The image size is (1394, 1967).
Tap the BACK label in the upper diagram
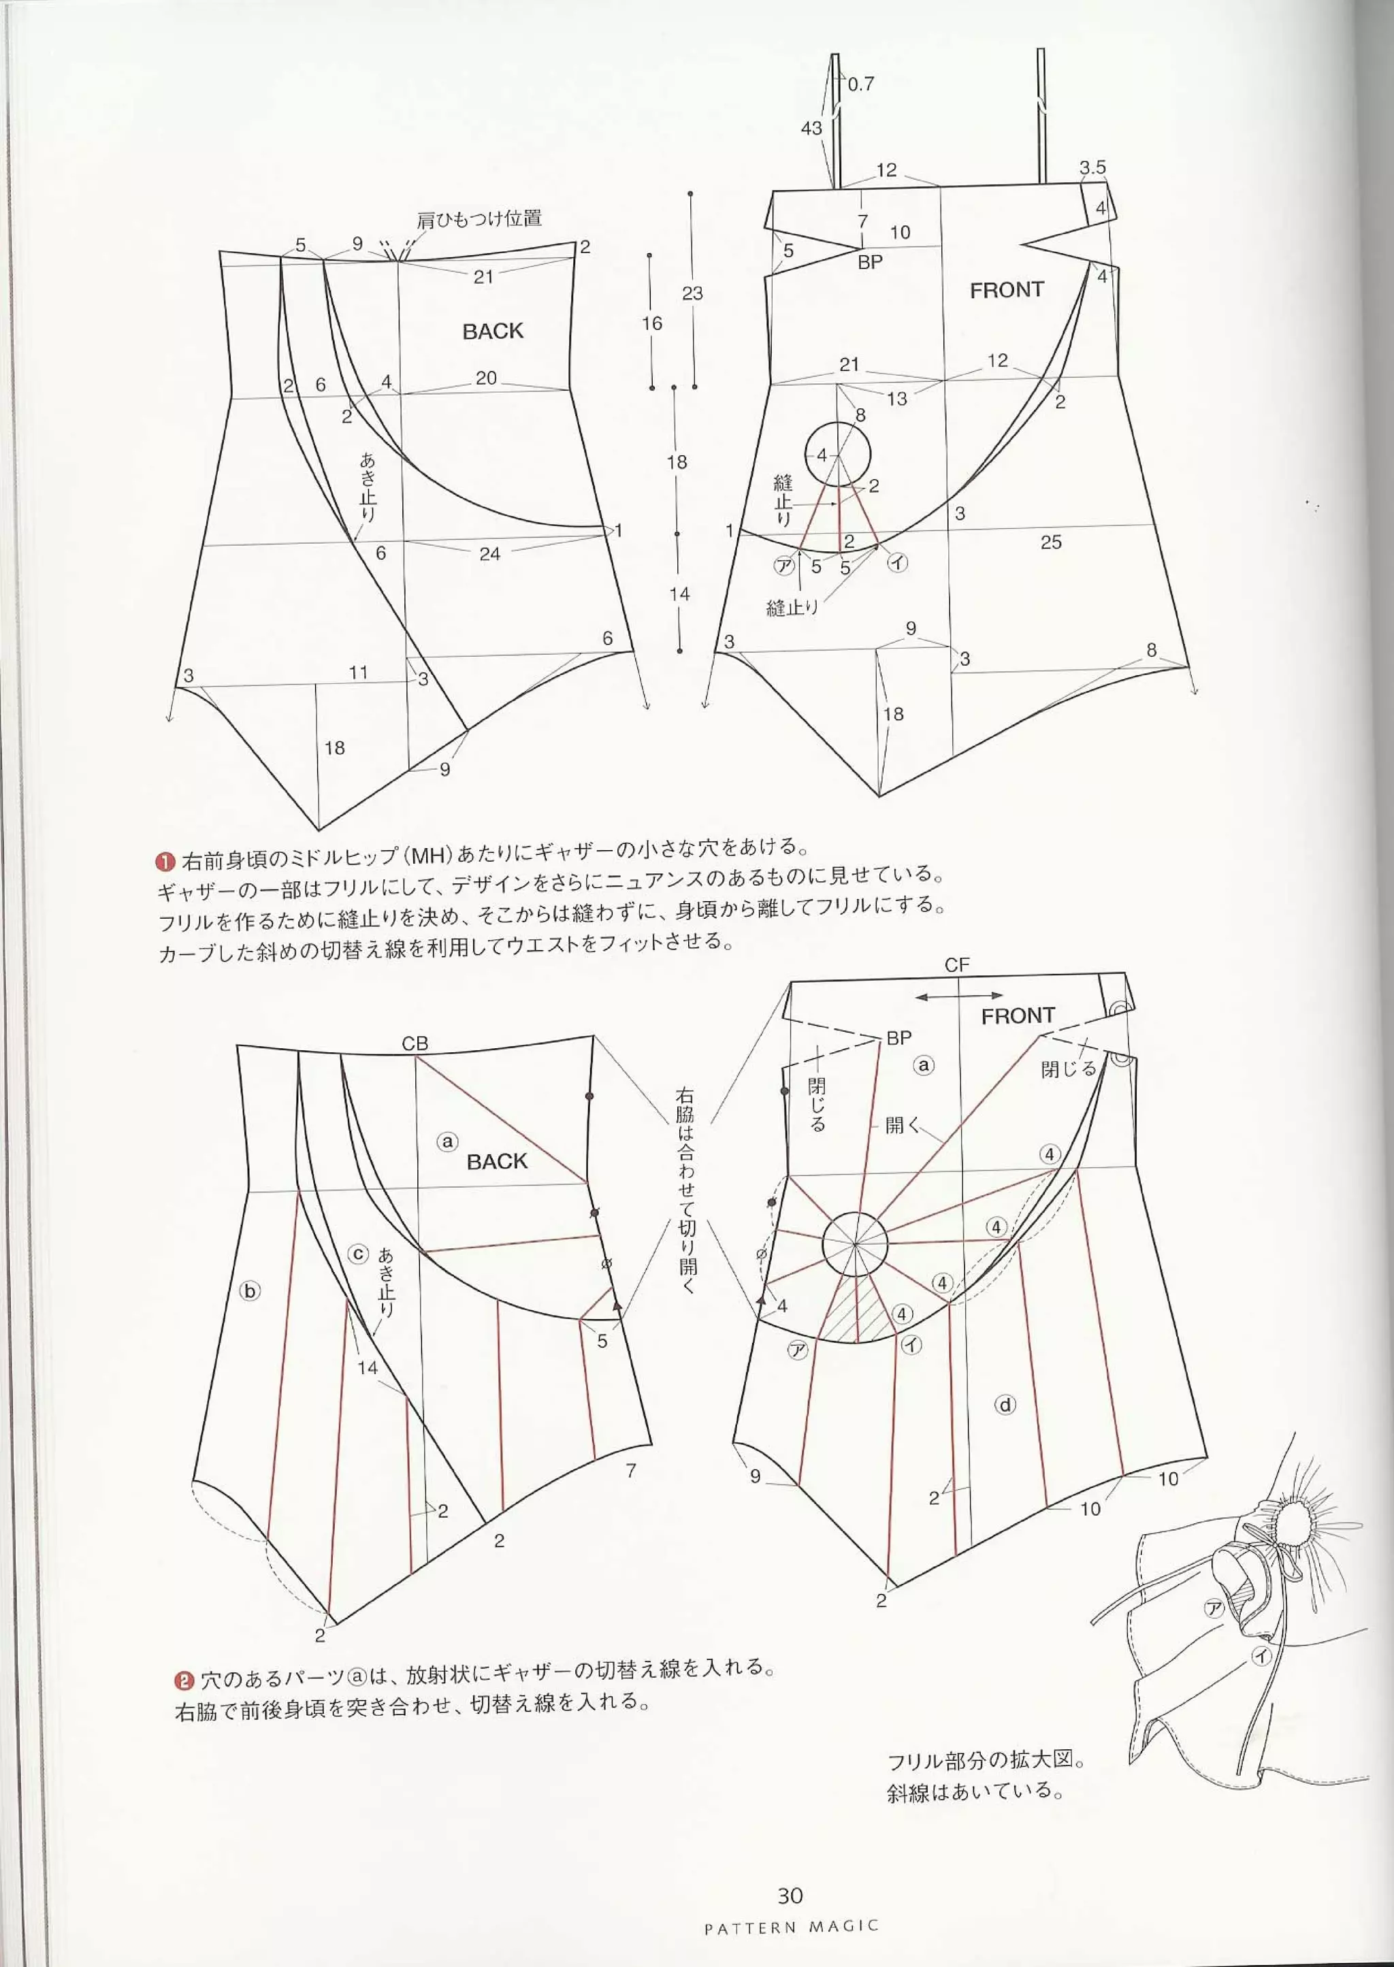tap(493, 331)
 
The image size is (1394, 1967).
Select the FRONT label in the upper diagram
tap(1006, 290)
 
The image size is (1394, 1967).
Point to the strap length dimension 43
tap(811, 128)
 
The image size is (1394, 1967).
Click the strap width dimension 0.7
tap(861, 84)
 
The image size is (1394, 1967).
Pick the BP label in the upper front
tap(869, 263)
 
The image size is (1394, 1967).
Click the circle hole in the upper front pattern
tap(837, 454)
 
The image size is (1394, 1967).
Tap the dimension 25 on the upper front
tap(1051, 542)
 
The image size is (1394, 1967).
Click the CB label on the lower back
tap(415, 1043)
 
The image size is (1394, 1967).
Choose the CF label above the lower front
tap(956, 964)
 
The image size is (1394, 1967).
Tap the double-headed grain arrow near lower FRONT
tap(959, 996)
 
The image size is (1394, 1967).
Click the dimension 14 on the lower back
tap(368, 1367)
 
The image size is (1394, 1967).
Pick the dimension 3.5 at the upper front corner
tap(1092, 168)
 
